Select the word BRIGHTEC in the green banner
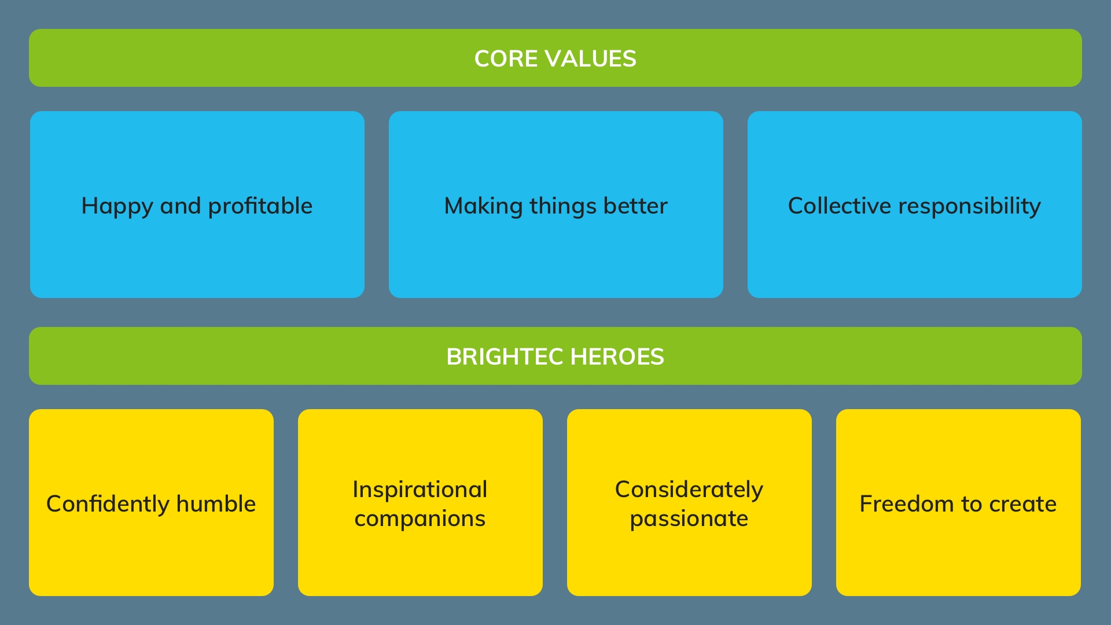(505, 357)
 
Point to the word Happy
(117, 207)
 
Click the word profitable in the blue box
(260, 207)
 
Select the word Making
(483, 207)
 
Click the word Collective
(839, 207)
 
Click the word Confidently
(108, 505)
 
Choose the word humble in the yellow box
(216, 505)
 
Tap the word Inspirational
(420, 490)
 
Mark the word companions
(420, 519)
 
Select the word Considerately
(689, 490)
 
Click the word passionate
(689, 519)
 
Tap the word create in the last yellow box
(1022, 505)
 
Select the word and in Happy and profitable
(181, 207)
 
